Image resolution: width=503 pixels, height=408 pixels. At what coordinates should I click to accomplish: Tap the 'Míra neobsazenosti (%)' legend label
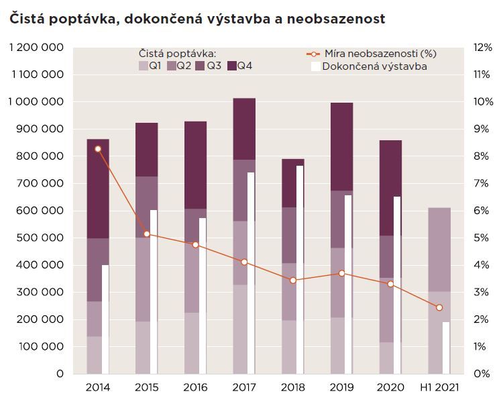(379, 53)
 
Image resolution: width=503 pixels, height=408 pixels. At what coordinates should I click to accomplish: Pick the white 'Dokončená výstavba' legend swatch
(315, 66)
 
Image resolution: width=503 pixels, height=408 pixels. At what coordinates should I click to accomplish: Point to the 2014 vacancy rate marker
(98, 149)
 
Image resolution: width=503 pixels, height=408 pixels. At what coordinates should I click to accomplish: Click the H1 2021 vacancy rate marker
(439, 307)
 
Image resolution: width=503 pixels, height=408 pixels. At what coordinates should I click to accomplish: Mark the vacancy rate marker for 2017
(244, 262)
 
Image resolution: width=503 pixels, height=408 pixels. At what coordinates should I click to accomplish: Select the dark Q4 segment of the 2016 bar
(196, 164)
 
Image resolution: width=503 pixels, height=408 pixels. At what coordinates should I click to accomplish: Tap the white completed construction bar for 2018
(300, 268)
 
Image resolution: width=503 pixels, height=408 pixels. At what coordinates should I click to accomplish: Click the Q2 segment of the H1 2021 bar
(439, 249)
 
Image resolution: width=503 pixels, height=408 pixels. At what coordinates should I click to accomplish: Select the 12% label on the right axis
(483, 48)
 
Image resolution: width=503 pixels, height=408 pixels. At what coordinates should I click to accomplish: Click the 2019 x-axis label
(341, 388)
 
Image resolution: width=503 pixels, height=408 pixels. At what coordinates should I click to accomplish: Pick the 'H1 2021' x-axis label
(439, 388)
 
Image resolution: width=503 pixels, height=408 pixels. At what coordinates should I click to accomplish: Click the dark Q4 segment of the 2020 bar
(390, 187)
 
